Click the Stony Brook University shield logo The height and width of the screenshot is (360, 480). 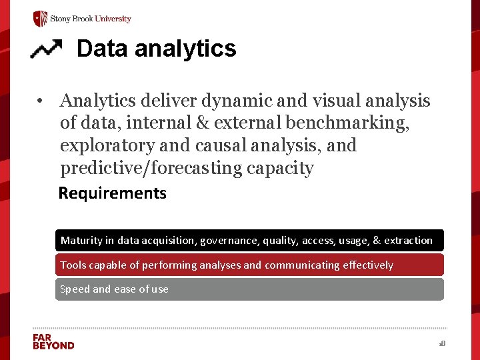point(41,19)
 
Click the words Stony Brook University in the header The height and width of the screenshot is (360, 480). point(91,19)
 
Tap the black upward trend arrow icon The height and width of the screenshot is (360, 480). point(46,49)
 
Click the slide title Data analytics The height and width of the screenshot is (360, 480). point(156,49)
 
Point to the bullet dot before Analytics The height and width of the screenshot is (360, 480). point(41,101)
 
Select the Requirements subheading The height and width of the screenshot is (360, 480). point(113,193)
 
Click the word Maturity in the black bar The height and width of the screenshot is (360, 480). point(82,240)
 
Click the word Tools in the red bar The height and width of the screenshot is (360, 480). point(73,265)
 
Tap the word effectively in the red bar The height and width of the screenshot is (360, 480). point(368,265)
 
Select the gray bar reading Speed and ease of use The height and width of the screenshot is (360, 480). point(249,289)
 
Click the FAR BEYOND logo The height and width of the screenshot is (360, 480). point(53,341)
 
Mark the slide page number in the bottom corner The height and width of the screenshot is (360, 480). point(441,343)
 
